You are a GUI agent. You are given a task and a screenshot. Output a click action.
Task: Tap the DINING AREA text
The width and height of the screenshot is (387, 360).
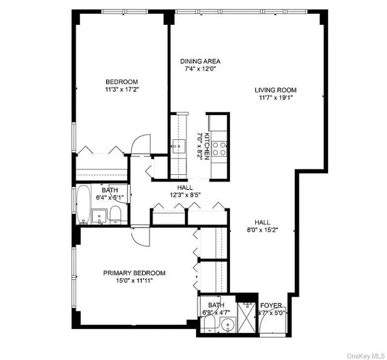pos(200,61)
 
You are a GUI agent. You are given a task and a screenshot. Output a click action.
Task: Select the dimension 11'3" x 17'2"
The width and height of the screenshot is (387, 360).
pos(122,90)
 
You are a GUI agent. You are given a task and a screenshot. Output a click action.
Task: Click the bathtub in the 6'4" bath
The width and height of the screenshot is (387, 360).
pos(84,204)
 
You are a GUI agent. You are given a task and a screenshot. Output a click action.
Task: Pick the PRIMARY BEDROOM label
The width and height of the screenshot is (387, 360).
pos(134,273)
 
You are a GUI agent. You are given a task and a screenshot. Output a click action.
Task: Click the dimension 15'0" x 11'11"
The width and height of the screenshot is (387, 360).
pos(134,281)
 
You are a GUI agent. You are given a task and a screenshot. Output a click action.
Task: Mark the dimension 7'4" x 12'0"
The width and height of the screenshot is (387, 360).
pos(200,69)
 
